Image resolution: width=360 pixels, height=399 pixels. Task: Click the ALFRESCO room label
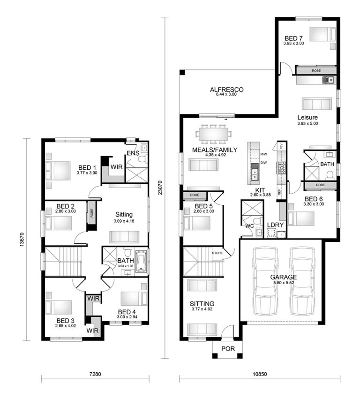click(226, 89)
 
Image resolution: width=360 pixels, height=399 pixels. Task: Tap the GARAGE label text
click(283, 277)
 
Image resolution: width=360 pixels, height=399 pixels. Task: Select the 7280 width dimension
click(95, 375)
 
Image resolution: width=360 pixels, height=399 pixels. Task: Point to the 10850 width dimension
click(259, 375)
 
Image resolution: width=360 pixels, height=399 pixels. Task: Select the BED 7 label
click(293, 38)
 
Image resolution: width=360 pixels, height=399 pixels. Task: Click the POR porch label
click(228, 349)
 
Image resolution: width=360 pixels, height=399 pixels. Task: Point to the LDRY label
click(275, 225)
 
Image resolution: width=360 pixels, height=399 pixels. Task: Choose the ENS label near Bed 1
click(133, 153)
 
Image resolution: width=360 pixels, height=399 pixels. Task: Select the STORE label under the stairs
click(217, 253)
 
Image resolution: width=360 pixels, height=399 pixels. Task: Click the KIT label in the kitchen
click(260, 189)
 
